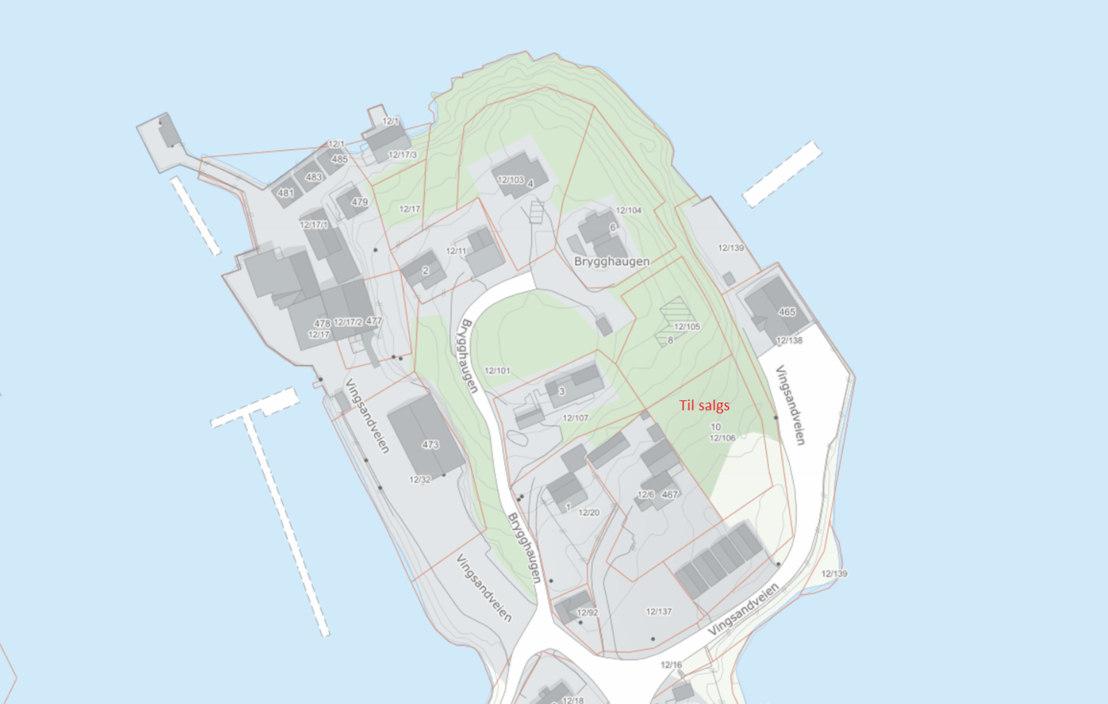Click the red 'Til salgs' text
coord(704,406)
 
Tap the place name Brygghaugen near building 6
coord(611,262)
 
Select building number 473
coord(430,444)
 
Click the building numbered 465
coord(787,312)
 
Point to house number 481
coord(285,193)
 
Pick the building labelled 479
coord(359,202)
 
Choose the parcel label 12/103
coord(510,180)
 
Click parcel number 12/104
coord(629,210)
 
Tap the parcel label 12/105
coord(687,327)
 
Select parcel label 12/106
coord(722,438)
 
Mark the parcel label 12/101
coord(497,371)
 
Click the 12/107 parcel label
coord(575,418)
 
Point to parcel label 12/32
coord(420,480)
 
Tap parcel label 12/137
coord(659,611)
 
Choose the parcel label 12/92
coord(587,613)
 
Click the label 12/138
coord(789,341)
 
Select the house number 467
coord(670,494)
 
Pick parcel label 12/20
coord(589,513)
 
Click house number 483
coord(314,177)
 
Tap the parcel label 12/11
coord(456,251)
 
